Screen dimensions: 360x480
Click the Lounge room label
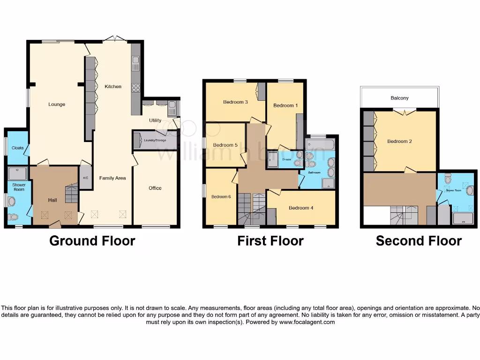[x=57, y=105]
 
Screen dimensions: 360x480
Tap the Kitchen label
[x=113, y=87]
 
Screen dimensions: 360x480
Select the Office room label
[x=155, y=188]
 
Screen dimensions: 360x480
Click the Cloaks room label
[x=18, y=148]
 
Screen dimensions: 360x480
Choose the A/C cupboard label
[x=85, y=178]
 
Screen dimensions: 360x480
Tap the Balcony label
[x=399, y=98]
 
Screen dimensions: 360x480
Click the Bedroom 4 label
[x=302, y=208]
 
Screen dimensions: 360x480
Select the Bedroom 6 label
[x=221, y=197]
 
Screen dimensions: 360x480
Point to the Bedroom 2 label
[x=400, y=142]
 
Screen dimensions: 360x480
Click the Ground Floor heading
[x=92, y=241]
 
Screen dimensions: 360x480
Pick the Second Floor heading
[x=419, y=241]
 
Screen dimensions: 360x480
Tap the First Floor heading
[x=270, y=241]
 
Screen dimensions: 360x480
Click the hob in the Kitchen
[x=136, y=88]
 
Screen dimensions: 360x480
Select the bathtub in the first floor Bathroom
[x=320, y=144]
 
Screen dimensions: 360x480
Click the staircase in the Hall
[x=72, y=194]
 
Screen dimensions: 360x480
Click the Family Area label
[x=112, y=178]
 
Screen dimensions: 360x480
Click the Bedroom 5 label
[x=225, y=145]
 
